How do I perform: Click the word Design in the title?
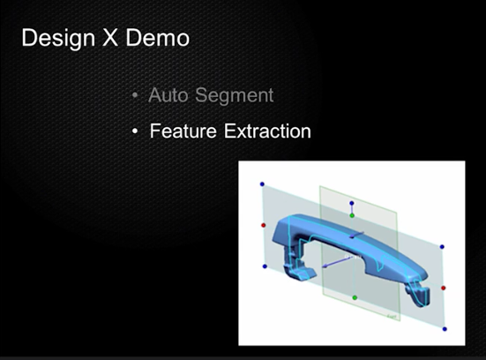coord(58,39)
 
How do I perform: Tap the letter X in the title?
coord(110,38)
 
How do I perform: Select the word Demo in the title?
coord(158,38)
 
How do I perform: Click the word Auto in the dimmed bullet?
coord(168,95)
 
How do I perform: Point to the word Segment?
coord(235,95)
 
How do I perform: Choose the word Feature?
coord(183,131)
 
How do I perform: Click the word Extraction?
coord(267,131)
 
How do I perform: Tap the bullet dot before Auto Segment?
coord(135,95)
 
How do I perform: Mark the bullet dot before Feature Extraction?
coord(135,131)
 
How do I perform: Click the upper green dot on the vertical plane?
coord(352,215)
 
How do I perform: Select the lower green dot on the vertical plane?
coord(355,297)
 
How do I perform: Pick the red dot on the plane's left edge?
coord(264,225)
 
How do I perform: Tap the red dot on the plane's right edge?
coord(444,288)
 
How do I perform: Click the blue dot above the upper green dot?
coord(351,204)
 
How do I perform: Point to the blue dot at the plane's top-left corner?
coord(262,184)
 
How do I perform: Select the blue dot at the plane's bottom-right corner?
coord(445,329)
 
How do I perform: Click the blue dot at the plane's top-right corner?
coord(442,247)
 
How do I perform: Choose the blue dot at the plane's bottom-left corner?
coord(265,266)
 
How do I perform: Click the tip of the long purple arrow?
coord(323,266)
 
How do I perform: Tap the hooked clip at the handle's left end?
coord(298,268)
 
